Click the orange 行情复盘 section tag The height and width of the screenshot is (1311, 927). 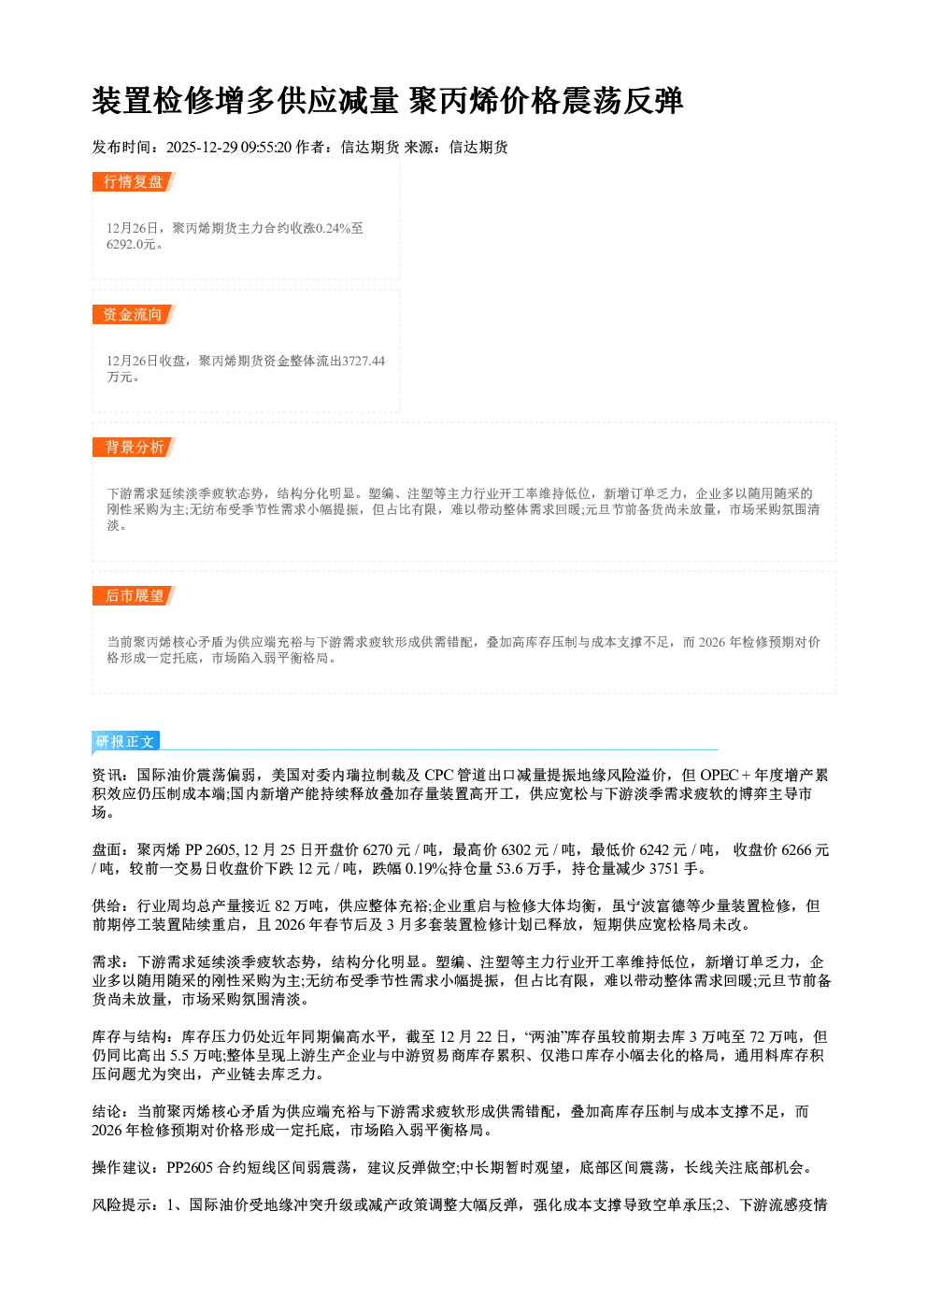click(x=134, y=181)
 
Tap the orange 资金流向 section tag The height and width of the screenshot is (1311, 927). click(x=134, y=314)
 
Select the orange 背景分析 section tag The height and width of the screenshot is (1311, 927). click(x=134, y=448)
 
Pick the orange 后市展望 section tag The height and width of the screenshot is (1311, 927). click(x=134, y=596)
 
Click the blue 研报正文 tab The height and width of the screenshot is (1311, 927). click(x=125, y=742)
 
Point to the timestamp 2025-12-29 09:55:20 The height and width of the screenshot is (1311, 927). click(x=229, y=148)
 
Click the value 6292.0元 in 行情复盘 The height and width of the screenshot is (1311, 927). click(x=132, y=244)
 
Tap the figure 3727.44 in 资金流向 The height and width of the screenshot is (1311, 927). click(x=364, y=361)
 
